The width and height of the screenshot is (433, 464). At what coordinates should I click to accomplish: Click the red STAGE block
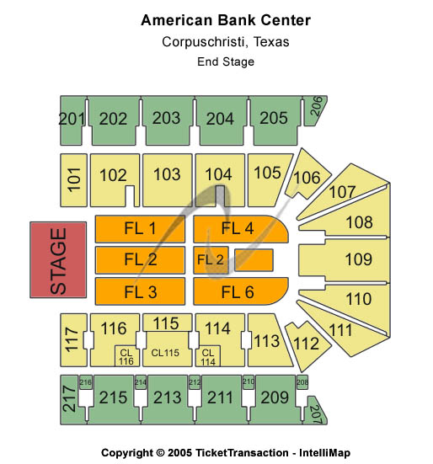(x=58, y=260)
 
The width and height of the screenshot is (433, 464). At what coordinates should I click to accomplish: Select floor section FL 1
(x=140, y=229)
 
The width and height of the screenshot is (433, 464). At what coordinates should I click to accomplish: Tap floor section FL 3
(x=140, y=291)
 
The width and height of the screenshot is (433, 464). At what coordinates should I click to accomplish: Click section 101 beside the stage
(x=73, y=180)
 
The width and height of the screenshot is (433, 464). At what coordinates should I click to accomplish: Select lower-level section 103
(x=168, y=180)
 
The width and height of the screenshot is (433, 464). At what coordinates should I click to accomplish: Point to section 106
(x=307, y=175)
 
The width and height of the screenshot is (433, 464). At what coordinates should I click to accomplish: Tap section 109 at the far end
(x=344, y=259)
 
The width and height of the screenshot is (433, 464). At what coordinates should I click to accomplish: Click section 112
(x=307, y=345)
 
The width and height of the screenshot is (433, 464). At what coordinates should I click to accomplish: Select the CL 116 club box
(x=126, y=356)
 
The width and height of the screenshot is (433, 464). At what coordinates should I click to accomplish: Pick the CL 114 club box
(x=208, y=356)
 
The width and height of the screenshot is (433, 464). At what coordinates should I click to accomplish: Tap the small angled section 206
(x=314, y=110)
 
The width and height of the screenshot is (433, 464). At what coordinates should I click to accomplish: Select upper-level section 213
(x=168, y=399)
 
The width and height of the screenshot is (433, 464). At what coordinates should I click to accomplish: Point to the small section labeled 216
(x=86, y=382)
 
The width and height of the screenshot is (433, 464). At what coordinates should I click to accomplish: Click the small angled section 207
(x=316, y=411)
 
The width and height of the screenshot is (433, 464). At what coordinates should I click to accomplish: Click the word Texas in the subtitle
(x=271, y=42)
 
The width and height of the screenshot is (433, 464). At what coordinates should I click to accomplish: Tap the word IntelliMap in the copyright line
(x=324, y=453)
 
